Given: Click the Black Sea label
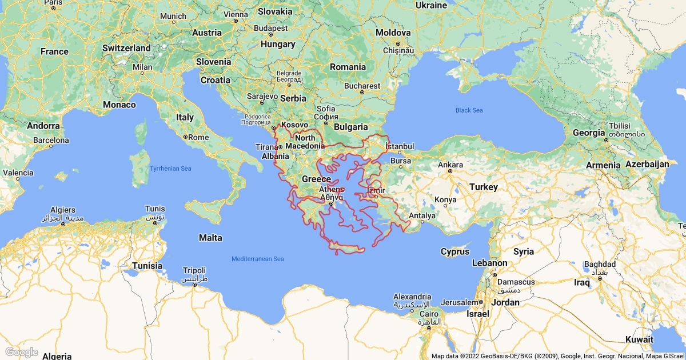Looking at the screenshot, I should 469,110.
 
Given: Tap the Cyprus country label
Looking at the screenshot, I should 455,251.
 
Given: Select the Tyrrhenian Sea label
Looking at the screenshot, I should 170,169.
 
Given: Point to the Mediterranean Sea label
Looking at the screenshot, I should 257,259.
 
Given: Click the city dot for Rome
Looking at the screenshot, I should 185,137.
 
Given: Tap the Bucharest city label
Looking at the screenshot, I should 362,86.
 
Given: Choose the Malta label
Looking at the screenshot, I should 210,238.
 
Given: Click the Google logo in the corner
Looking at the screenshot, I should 21,352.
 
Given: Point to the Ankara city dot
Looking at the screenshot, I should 450,171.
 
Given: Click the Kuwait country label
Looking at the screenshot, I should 639,339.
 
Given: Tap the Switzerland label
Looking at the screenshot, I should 126,49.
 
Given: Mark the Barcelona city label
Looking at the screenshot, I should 51,140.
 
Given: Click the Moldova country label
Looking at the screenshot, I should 393,33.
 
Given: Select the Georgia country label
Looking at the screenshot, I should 589,133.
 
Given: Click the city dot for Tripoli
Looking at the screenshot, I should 195,285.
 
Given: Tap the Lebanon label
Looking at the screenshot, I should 489,263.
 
